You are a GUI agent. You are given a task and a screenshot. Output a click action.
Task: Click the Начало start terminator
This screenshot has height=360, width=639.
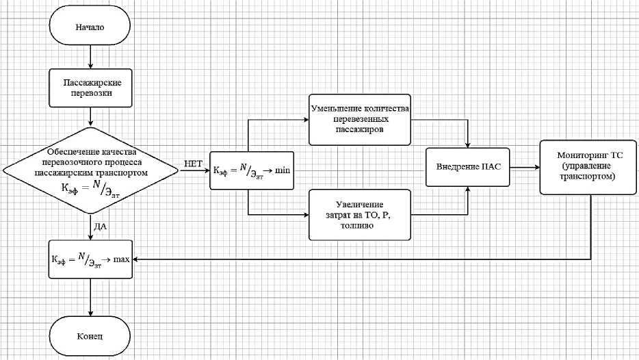(x=90, y=29)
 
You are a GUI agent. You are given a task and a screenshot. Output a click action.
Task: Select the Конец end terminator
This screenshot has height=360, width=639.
(x=90, y=337)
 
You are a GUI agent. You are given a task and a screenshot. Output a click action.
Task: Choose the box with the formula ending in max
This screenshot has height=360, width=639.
(x=90, y=260)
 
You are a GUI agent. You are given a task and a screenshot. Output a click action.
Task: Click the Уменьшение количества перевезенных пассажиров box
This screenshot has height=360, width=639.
(x=360, y=119)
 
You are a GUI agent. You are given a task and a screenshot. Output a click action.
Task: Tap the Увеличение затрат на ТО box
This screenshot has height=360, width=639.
(x=360, y=215)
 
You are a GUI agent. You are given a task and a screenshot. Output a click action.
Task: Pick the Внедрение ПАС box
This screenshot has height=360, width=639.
(x=468, y=167)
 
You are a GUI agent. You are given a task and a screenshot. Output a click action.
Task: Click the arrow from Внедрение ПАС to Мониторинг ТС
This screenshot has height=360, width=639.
(x=524, y=167)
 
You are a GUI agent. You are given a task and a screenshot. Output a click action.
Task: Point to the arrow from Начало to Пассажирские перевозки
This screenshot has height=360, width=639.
(x=90, y=58)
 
